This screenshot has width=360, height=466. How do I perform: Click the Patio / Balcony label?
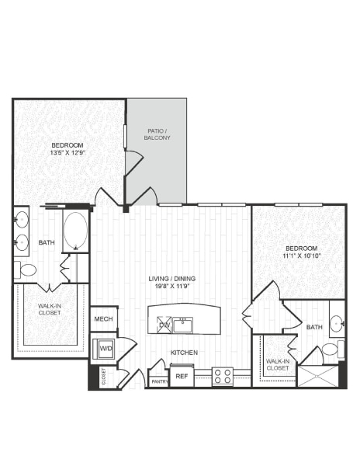pos(157,134)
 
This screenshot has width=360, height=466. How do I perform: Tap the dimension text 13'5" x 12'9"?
pos(67,154)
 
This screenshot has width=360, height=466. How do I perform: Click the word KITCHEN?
pos(184,353)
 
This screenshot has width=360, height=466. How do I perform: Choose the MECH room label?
pos(103,319)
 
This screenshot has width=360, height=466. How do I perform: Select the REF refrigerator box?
pos(182,377)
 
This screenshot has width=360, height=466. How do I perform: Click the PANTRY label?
pos(158,381)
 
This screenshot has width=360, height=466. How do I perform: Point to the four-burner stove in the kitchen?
pos(223,377)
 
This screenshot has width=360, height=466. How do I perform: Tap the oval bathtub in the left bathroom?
pos(75,231)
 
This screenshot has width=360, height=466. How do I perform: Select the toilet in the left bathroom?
pos(26,270)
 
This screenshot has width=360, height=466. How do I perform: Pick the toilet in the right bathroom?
pos(331,349)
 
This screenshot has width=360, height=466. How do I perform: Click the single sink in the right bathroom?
pos(337,323)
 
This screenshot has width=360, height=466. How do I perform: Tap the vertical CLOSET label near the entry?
pos(103,377)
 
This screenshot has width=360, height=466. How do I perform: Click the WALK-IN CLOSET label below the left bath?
pos(50,310)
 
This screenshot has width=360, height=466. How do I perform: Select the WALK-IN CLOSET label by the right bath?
pos(278,363)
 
